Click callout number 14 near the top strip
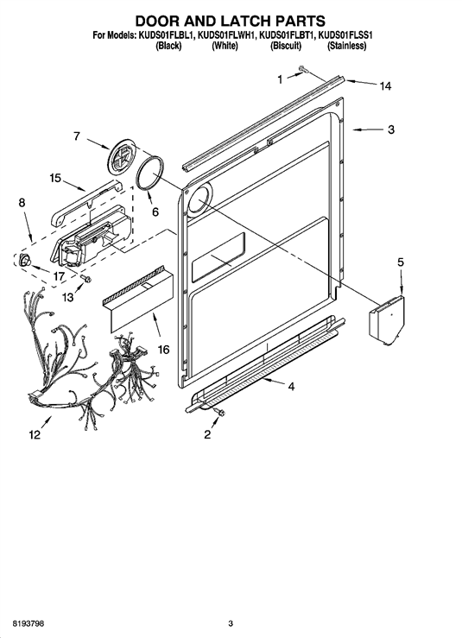click(x=385, y=85)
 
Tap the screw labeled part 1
click(x=303, y=69)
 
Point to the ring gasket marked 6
click(x=150, y=174)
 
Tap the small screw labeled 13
click(x=86, y=278)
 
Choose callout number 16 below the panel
click(x=163, y=349)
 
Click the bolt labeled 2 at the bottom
click(x=220, y=413)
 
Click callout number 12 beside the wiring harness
click(x=35, y=435)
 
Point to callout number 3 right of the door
click(x=391, y=129)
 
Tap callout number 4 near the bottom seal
click(x=291, y=386)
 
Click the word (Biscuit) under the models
click(x=286, y=46)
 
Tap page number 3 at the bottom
click(x=231, y=623)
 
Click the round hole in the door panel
click(x=199, y=200)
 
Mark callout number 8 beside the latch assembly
click(x=22, y=203)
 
